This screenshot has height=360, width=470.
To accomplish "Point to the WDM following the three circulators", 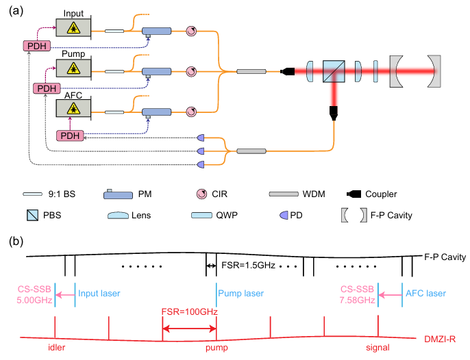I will [251, 71].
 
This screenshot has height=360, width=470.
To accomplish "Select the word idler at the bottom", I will [58, 348].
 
